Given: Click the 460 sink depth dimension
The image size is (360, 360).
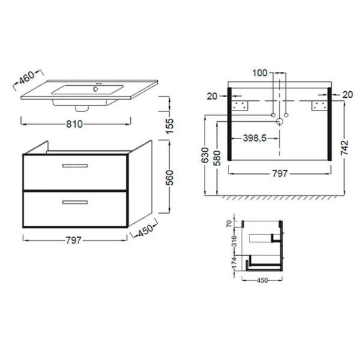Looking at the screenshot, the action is tap(26, 77).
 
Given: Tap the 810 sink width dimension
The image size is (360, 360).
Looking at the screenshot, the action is tap(74, 124).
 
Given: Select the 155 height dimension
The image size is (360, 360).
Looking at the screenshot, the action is tap(170, 126).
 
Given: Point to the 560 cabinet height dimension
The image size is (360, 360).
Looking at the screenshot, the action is tap(170, 178).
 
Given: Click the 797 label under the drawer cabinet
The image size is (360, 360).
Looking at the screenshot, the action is tap(74, 241).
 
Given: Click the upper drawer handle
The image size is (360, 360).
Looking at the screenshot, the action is tap(75, 166).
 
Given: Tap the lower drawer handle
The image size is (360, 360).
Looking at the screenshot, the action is tap(75, 202).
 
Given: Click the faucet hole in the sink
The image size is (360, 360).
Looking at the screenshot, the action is tap(95, 89).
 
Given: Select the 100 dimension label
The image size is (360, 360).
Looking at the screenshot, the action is tap(260, 73).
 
